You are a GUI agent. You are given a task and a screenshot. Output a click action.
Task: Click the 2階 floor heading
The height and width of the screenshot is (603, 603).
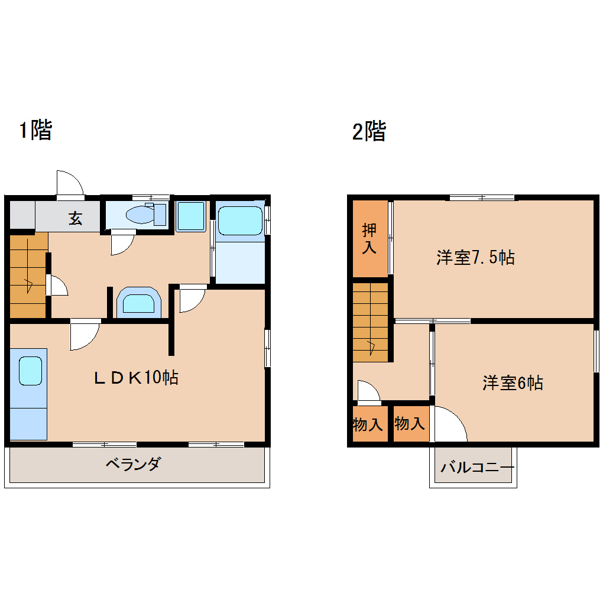(x=369, y=131)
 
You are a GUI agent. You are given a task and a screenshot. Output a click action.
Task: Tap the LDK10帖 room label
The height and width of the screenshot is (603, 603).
(x=136, y=378)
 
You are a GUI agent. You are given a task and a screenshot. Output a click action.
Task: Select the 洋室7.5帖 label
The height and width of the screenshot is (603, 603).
(x=475, y=257)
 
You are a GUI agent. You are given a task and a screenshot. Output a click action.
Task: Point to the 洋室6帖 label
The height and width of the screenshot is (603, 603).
(x=513, y=383)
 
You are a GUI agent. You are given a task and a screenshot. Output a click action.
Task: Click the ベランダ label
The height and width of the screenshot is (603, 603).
(x=133, y=463)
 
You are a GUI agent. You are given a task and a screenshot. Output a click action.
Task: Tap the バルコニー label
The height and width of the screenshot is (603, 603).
(x=477, y=467)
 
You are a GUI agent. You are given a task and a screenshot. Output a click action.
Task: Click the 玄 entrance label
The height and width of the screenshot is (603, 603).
(x=76, y=218)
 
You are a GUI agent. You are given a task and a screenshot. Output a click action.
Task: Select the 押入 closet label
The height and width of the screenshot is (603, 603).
(x=369, y=238)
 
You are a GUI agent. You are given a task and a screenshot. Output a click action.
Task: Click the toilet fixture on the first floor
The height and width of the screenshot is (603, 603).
(x=146, y=215)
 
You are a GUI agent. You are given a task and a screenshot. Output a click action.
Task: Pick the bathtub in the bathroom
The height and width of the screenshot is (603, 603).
(x=240, y=221)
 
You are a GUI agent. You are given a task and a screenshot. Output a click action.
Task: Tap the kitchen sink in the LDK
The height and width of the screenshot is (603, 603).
(x=30, y=371)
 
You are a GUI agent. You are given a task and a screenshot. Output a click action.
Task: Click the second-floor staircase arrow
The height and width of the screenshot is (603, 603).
(x=371, y=348)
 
